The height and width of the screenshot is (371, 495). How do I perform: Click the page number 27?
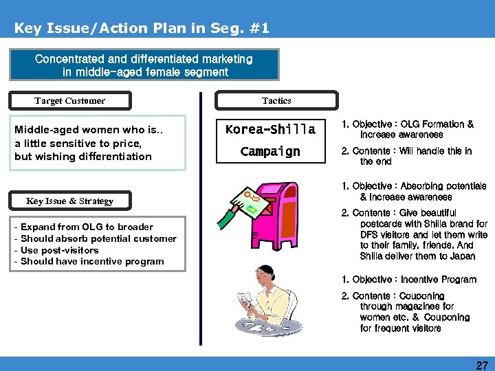coord(481,364)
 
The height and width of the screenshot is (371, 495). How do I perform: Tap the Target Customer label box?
coord(70,101)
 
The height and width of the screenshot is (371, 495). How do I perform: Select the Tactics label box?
coord(276,101)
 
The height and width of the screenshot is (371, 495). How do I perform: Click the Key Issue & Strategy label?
coord(69,201)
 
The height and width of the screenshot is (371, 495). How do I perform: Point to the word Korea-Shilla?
coord(270,129)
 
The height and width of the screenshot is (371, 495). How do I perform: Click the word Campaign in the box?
coord(270,151)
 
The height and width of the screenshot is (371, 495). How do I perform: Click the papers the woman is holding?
coord(247,303)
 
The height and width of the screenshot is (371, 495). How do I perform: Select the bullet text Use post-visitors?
coord(60,250)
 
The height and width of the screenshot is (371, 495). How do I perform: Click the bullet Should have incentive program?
coord(92,261)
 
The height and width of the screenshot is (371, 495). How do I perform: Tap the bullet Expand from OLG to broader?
coord(87,227)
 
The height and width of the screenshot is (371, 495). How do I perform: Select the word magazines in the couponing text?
coord(423,306)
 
